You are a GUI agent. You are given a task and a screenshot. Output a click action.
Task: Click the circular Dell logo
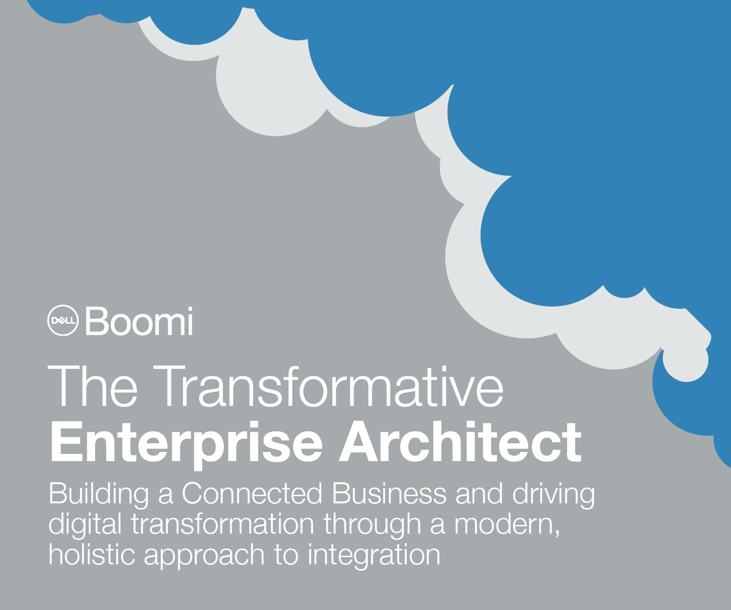pyautogui.click(x=63, y=320)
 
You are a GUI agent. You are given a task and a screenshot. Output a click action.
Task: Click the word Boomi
pyautogui.click(x=139, y=321)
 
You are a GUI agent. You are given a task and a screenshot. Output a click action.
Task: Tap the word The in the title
pyautogui.click(x=92, y=386)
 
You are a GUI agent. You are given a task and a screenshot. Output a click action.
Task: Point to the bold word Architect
pyautogui.click(x=460, y=442)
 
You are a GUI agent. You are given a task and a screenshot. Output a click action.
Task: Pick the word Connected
pyautogui.click(x=252, y=493)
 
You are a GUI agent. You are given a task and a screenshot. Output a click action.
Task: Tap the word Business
pyautogui.click(x=389, y=493)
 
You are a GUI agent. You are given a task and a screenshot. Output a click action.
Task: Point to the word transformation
pyautogui.click(x=223, y=524)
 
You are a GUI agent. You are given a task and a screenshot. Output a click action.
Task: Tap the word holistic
pyautogui.click(x=92, y=554)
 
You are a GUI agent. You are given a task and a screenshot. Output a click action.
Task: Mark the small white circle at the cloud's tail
pyautogui.click(x=685, y=360)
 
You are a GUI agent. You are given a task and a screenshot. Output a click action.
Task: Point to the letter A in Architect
pyautogui.click(x=362, y=442)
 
